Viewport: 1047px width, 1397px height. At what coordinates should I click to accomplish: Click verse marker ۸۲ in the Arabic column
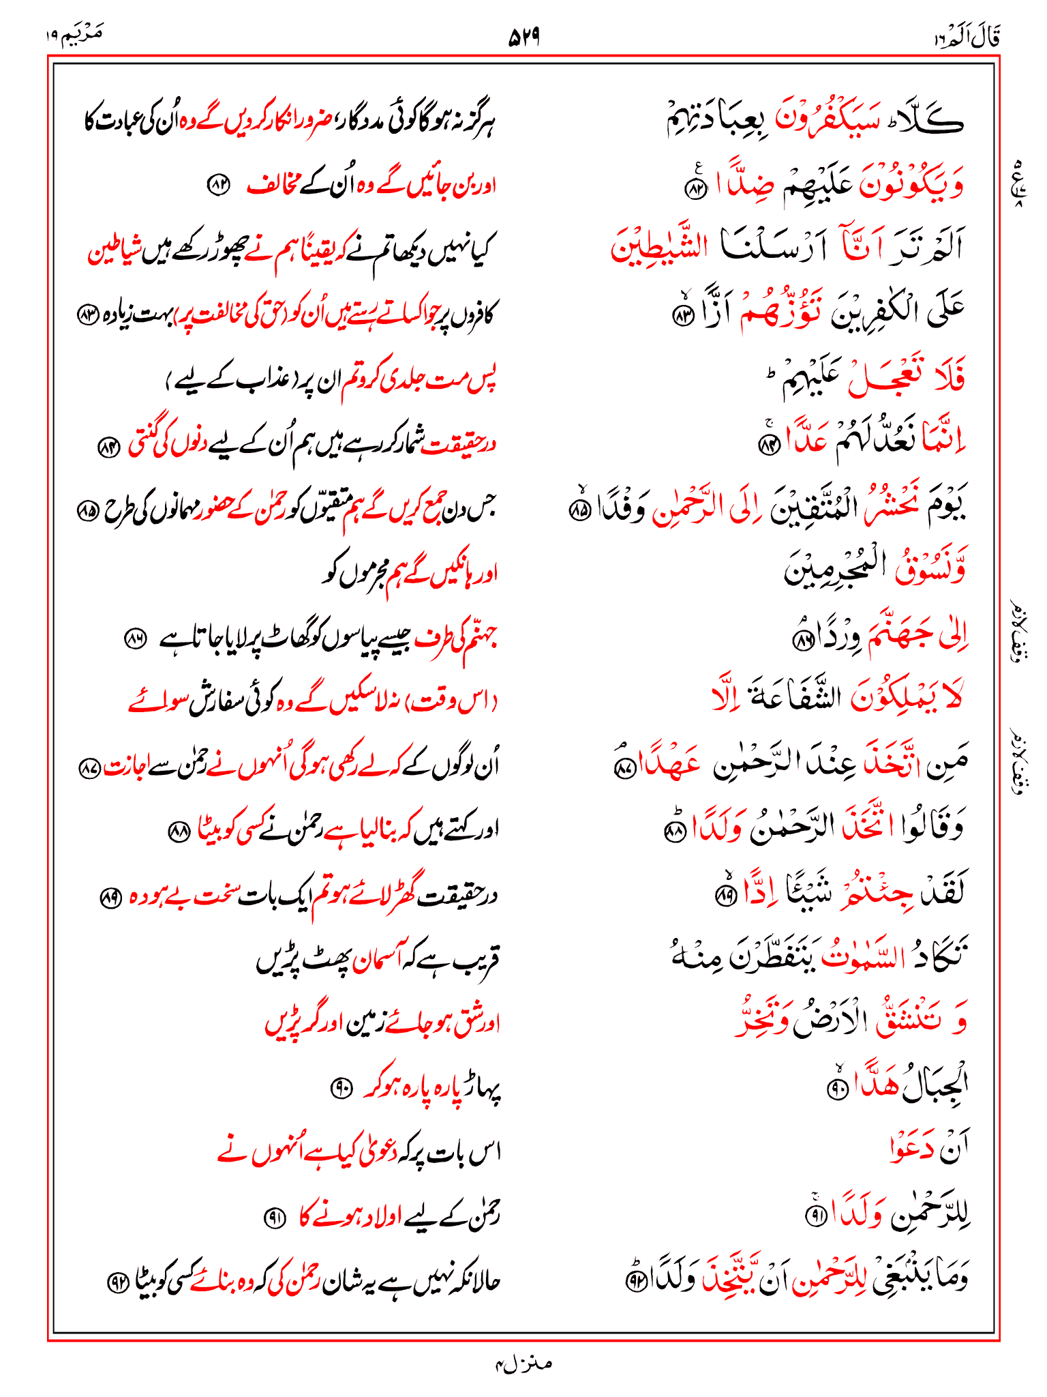click(x=695, y=189)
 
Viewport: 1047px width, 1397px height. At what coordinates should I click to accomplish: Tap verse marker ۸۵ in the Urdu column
click(x=87, y=510)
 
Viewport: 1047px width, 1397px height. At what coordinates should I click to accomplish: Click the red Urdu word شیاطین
click(x=115, y=252)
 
